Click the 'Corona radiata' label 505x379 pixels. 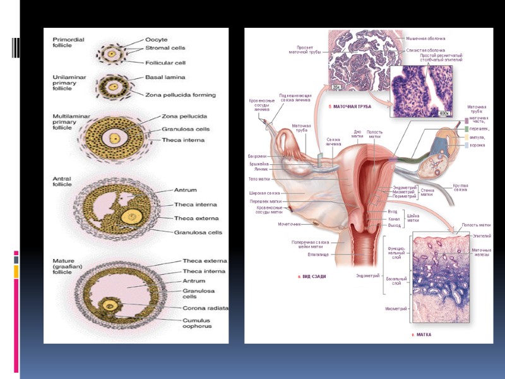(x=205, y=308)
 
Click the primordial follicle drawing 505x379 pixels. (x=112, y=53)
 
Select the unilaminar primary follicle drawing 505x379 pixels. (x=114, y=86)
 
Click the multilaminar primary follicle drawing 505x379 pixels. (x=115, y=138)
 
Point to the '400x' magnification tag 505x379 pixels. (x=443, y=112)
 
